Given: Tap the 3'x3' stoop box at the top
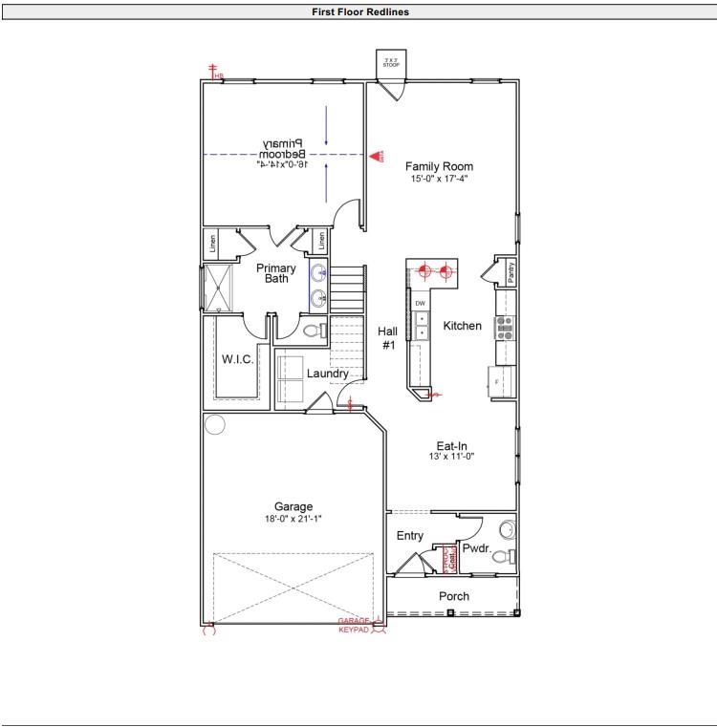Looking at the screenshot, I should pos(391,63).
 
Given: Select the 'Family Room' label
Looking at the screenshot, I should pos(438,166).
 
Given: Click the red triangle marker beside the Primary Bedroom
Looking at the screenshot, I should pos(377,155).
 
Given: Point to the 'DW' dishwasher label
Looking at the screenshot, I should pos(420,303).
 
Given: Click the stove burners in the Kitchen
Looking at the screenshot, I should pos(506,328).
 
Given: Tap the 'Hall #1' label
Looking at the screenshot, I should pos(388,338).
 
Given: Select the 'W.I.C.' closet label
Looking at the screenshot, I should pos(236,359).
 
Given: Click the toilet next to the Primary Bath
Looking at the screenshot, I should pos(311,331).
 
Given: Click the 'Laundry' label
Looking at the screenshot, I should pos(328,374).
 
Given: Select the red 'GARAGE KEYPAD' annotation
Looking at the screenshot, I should pos(354,625).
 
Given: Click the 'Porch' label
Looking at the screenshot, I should pos(454,596).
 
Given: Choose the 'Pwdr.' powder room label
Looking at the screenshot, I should pos(476,549).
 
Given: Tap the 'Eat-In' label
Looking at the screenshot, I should pos(452,445).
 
